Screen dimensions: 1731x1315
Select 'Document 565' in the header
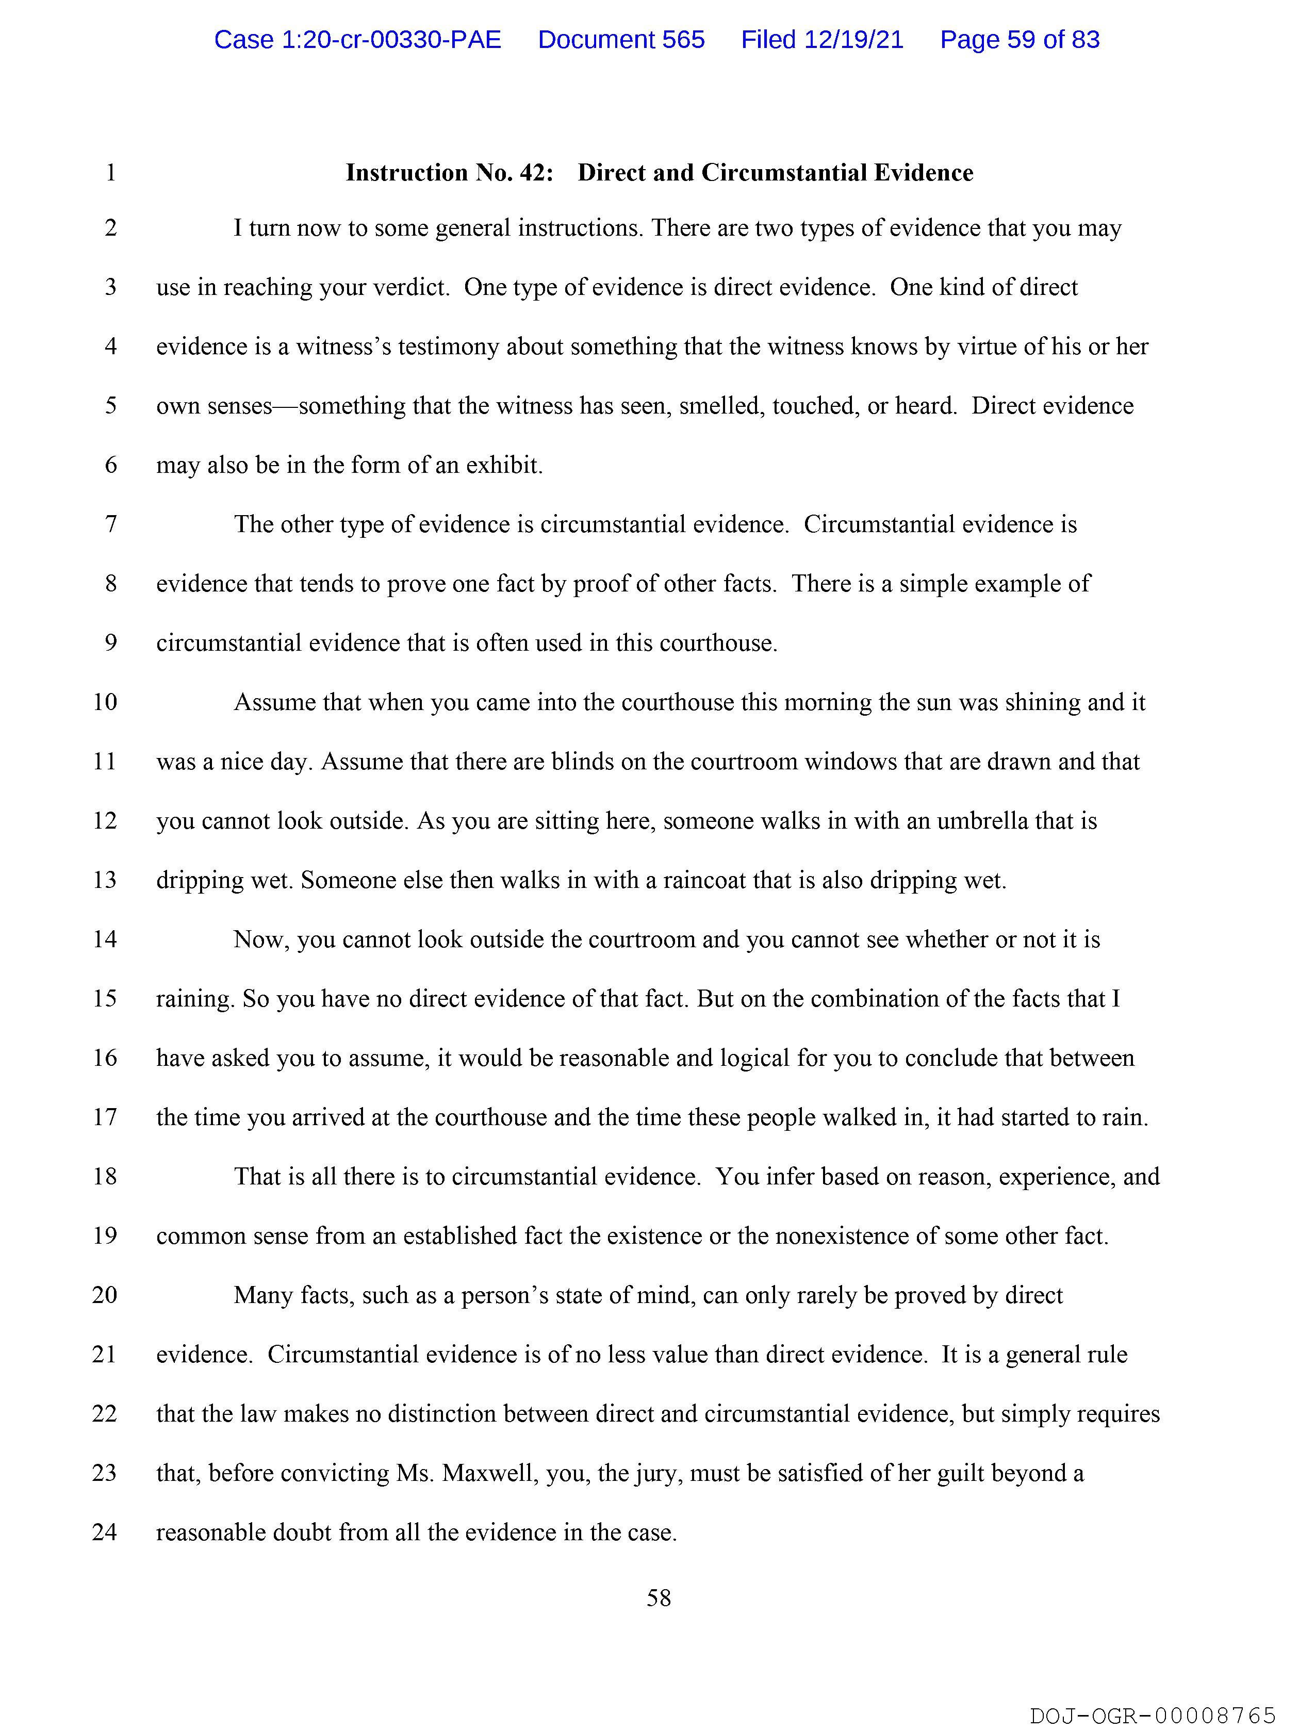621,39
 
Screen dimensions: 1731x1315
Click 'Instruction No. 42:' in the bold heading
449,172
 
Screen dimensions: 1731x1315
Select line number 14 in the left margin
105,939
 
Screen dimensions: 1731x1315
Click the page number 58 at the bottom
659,1598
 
